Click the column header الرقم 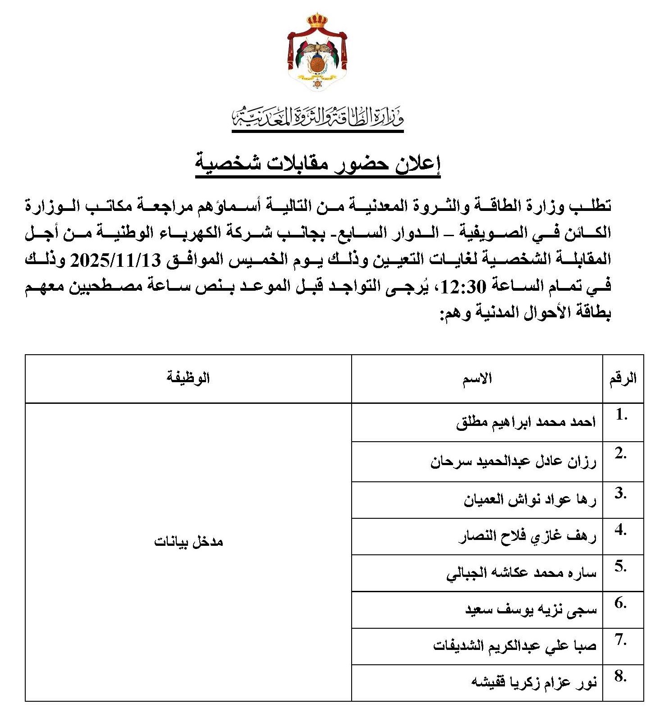tap(623, 378)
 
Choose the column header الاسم tap(477, 379)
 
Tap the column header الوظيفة tap(188, 377)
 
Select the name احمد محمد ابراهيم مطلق tap(526, 422)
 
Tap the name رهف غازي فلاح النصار tap(527, 536)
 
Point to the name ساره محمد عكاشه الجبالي tap(522, 573)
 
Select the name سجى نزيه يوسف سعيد tap(531, 610)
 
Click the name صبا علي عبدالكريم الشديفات tap(515, 646)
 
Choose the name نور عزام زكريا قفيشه tap(534, 682)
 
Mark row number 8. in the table tap(621, 676)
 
